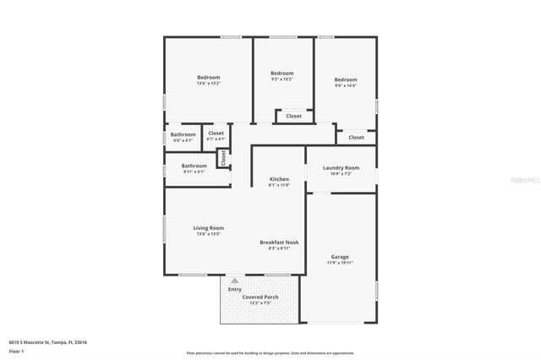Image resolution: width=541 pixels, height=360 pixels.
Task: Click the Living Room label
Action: [208, 228]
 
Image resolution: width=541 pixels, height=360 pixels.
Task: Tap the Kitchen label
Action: [279, 179]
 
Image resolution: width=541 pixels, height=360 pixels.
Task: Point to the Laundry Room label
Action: [341, 167]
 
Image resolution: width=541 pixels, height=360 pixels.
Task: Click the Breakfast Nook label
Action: [279, 243]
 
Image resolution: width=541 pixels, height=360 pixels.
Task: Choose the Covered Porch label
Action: [260, 297]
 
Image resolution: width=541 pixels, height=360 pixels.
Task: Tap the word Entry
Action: [234, 289]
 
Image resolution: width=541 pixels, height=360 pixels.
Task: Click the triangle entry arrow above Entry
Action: [234, 280]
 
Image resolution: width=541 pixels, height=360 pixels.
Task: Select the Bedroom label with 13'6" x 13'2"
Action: [208, 78]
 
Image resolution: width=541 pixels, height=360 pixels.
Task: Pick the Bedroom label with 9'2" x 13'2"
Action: [281, 74]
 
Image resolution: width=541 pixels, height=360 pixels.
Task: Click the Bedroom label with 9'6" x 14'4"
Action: [346, 79]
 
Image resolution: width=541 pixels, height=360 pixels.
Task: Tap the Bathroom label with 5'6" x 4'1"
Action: [183, 134]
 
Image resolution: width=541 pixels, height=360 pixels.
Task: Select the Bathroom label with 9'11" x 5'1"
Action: [194, 166]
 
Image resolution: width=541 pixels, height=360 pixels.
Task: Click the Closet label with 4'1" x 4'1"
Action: [216, 133]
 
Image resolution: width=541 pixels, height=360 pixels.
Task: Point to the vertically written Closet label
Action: [224, 157]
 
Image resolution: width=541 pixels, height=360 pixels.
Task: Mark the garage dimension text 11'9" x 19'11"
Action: [340, 263]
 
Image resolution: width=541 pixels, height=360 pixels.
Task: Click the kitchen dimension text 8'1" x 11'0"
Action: [279, 185]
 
